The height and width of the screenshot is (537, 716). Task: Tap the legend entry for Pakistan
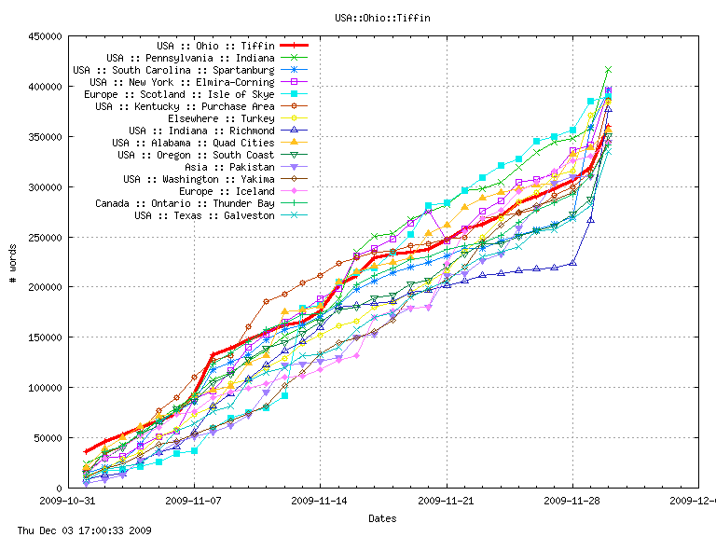click(229, 167)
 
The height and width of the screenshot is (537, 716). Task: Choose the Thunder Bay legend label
click(185, 203)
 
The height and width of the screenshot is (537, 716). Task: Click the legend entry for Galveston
click(204, 215)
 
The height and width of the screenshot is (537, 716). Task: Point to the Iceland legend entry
click(224, 191)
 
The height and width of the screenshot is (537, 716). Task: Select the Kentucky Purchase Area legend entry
click(185, 106)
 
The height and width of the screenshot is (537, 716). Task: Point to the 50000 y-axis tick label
click(49, 438)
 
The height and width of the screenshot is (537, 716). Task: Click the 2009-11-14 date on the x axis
click(320, 501)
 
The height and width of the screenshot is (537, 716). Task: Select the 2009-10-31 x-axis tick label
click(68, 501)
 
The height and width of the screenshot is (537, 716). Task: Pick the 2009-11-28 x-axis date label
click(572, 501)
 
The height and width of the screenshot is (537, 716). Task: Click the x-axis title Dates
click(382, 518)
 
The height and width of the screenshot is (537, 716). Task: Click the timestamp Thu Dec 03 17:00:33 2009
click(77, 530)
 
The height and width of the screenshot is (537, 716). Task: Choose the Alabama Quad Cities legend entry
click(193, 143)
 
